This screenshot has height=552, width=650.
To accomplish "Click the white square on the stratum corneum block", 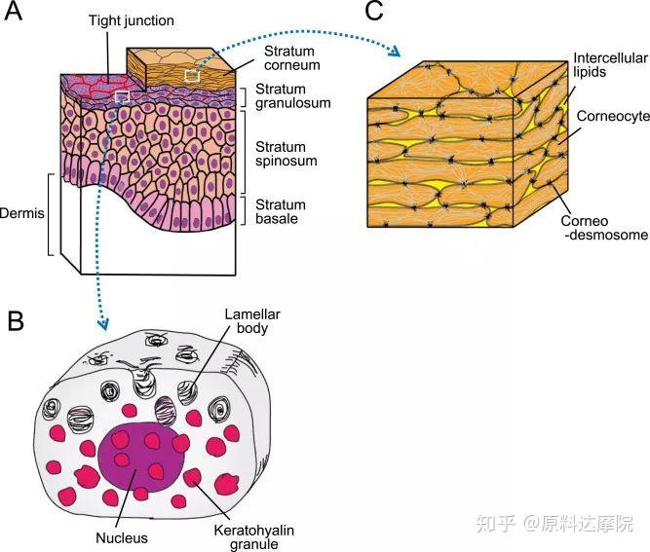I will [192, 74].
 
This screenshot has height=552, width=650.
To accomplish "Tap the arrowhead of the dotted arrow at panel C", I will [399, 52].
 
